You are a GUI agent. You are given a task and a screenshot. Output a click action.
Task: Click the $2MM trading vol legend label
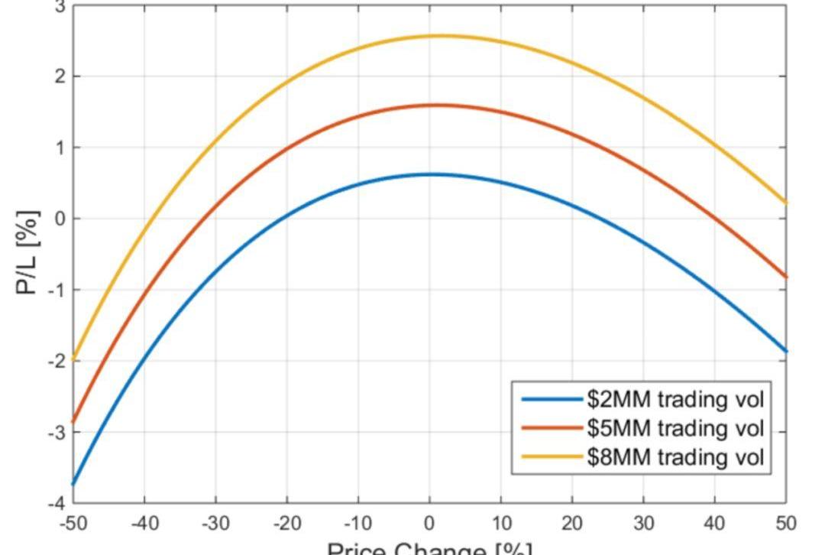675,399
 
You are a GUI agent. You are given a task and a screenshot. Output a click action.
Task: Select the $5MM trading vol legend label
675,428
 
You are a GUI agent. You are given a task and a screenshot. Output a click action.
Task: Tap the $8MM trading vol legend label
675,457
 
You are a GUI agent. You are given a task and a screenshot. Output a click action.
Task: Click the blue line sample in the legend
552,399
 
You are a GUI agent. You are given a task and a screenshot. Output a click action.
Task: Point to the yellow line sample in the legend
552,457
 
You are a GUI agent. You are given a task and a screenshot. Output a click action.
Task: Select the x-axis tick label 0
430,524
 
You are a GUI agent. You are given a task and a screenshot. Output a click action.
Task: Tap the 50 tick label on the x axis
786,524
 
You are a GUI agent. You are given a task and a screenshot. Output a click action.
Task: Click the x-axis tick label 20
572,524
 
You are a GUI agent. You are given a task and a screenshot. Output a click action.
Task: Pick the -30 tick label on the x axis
215,524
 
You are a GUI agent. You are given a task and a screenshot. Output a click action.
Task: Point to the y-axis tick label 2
58,76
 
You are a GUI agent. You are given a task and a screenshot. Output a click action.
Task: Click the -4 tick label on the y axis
55,503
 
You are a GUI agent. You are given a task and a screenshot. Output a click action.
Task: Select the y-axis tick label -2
55,361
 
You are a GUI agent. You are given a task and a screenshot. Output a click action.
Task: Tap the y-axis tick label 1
58,148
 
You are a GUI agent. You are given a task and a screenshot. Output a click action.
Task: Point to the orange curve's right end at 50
785,277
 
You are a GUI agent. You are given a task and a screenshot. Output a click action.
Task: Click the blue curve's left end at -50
73,484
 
